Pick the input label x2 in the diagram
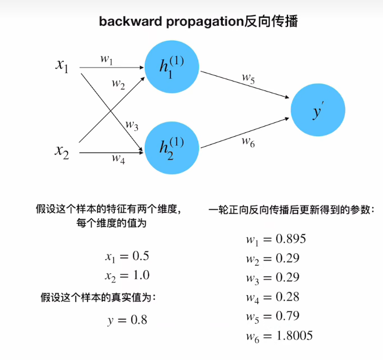point(62,150)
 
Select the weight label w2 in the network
point(118,84)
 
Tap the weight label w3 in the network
point(131,124)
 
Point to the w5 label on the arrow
point(248,79)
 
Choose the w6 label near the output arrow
point(248,141)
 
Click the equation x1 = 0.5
point(127,257)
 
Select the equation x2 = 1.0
point(127,276)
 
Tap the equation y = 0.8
point(127,320)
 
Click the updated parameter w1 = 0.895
point(276,239)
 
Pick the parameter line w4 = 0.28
point(272,297)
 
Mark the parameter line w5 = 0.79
point(272,316)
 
